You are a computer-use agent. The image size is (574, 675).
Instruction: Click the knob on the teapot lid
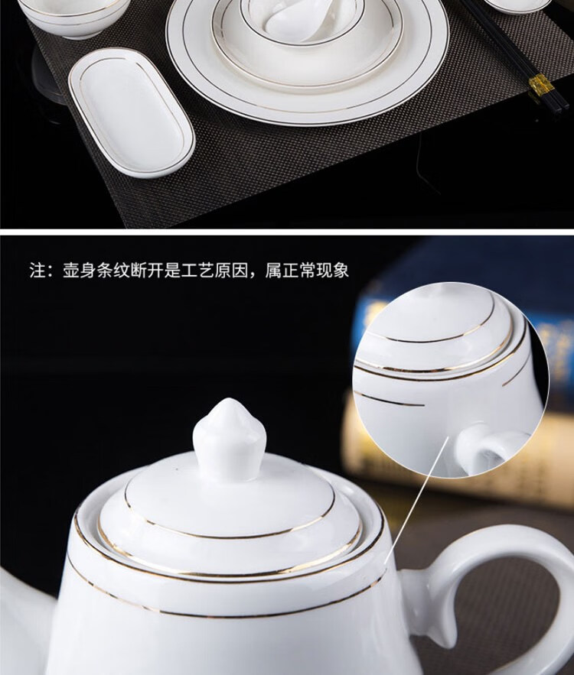coord(230,438)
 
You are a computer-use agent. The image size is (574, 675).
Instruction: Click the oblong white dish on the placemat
coord(132,112)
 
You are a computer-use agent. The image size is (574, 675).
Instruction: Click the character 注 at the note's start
coord(38,271)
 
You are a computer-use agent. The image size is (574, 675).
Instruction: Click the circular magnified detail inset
coord(451,380)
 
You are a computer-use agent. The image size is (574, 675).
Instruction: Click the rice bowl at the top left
coord(73,18)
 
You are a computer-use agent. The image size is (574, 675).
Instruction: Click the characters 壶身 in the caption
coord(80,271)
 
